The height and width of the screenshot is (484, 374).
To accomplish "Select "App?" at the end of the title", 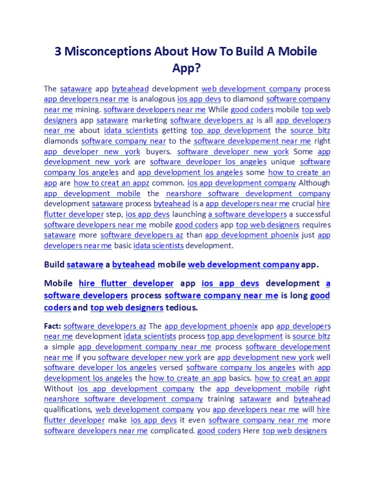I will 187,68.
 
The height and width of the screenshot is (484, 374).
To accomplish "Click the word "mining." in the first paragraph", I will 88,109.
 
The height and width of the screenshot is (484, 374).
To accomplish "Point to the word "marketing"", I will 150,120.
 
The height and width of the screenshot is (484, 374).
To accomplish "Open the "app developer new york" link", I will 92,151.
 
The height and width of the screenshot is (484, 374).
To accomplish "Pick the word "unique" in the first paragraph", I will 283,162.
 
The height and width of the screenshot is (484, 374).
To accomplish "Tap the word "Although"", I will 314,183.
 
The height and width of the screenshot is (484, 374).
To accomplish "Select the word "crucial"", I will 303,204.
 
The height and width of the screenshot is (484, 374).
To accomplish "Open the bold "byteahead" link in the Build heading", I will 133,264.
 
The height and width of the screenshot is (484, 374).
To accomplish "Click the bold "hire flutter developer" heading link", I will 126,283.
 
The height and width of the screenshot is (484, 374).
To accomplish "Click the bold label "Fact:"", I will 52,326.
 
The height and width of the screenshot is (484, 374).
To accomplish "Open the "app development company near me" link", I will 144,347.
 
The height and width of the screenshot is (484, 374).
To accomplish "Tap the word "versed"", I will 171,368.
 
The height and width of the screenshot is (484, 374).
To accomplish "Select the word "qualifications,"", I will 68,409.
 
